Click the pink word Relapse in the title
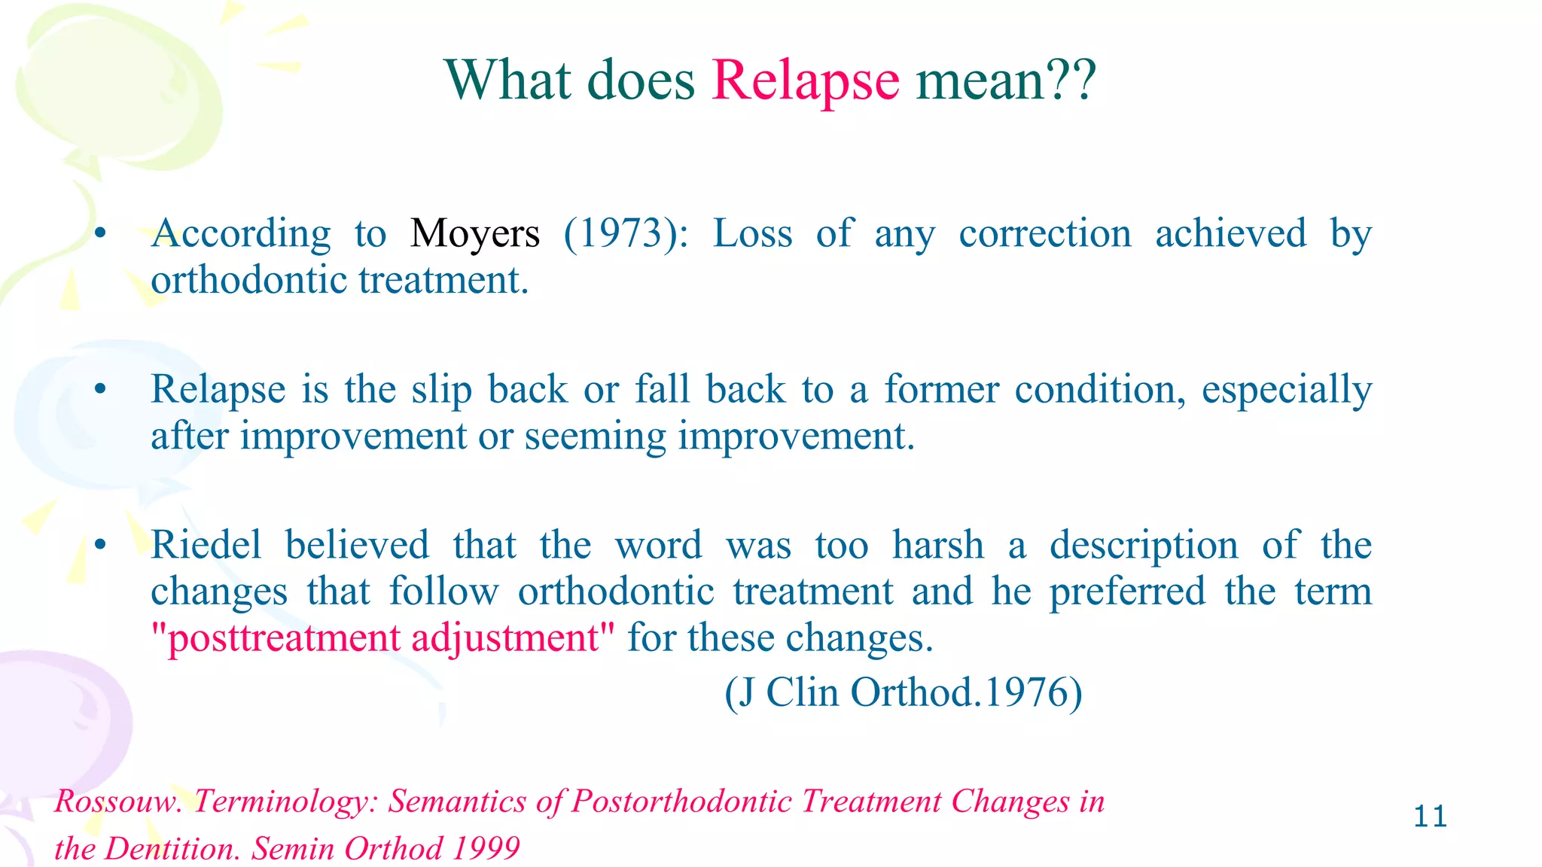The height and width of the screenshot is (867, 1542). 805,81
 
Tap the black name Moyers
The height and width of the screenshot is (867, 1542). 474,234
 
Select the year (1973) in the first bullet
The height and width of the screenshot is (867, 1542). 626,234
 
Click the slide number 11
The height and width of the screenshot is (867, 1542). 1430,817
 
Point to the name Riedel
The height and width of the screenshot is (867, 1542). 206,545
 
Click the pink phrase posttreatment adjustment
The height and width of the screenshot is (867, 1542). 382,638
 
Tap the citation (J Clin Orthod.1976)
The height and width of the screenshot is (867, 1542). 903,692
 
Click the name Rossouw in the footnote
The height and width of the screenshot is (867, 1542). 118,802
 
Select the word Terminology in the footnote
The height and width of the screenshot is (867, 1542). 285,802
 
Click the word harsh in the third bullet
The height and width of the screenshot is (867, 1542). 937,545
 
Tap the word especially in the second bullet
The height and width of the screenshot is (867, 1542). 1286,391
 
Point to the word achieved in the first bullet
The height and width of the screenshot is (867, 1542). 1230,234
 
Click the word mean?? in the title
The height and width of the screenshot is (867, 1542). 1005,81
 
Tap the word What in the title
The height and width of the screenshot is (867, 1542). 508,81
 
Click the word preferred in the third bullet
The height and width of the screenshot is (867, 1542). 1127,592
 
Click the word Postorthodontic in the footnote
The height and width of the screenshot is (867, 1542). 681,802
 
